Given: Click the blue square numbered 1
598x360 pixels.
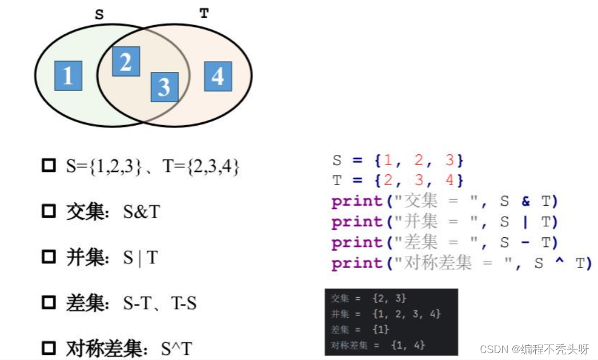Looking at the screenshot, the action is click(x=68, y=75).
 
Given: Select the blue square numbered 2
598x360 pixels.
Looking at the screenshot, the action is click(x=126, y=61).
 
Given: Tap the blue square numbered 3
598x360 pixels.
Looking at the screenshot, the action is click(x=164, y=87).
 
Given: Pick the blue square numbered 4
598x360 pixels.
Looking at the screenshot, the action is click(x=218, y=76).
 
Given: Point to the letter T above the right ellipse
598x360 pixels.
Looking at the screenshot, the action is click(x=204, y=14).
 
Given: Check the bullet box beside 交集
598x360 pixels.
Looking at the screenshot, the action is click(x=49, y=212).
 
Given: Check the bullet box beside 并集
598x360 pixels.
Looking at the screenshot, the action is click(x=49, y=258).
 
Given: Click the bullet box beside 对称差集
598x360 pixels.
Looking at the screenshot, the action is click(x=49, y=348).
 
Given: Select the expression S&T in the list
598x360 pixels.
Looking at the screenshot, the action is click(x=142, y=212).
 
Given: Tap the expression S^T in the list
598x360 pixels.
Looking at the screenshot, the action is click(x=177, y=349).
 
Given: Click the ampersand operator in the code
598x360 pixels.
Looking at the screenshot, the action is click(x=525, y=201).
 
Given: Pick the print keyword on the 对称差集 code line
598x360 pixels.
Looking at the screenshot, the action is click(x=356, y=263).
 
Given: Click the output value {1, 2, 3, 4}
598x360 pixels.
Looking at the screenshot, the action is click(x=406, y=314).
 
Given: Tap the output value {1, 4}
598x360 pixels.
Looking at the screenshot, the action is click(x=408, y=345).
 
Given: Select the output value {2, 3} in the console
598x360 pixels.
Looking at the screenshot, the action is click(x=388, y=298).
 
